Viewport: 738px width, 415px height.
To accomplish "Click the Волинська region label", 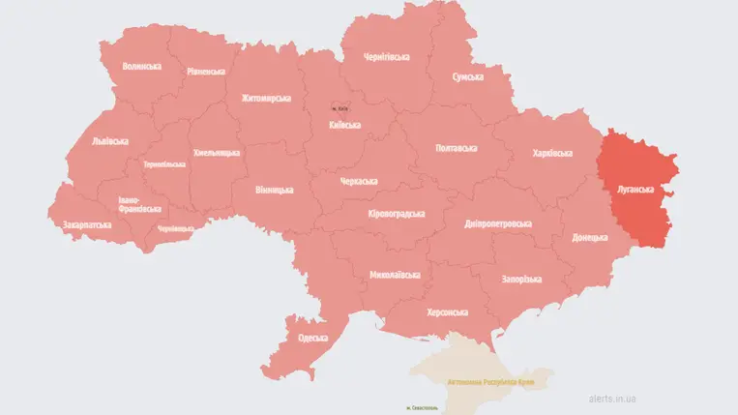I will [141, 67].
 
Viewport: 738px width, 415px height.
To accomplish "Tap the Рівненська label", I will [206, 72].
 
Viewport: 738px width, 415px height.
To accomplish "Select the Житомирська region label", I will [266, 99].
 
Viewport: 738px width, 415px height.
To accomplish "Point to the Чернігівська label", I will [386, 57].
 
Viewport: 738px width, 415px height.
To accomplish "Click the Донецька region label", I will [589, 237].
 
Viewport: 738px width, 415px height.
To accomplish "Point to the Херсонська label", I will [447, 312].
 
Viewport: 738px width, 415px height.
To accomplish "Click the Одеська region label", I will [312, 338].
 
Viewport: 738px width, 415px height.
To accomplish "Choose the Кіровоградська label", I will [398, 213].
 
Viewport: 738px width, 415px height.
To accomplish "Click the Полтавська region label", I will [456, 148].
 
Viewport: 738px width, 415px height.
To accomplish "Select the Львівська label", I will [109, 141].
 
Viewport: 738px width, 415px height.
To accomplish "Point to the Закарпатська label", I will [86, 225].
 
